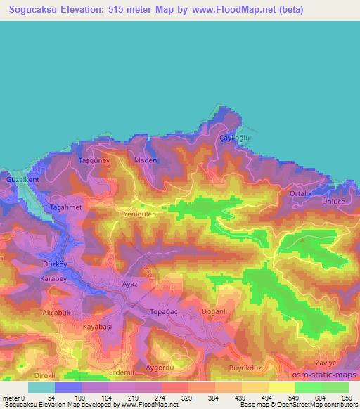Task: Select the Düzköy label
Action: (54, 264)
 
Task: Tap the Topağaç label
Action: (166, 310)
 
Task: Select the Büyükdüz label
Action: (245, 367)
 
